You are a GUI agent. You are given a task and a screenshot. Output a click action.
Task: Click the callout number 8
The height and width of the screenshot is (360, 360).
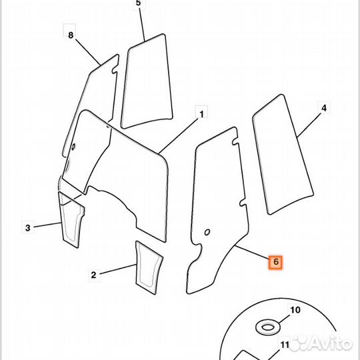coord(71,35)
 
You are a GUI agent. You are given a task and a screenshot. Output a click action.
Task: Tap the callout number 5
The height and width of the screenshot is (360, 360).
coord(138,3)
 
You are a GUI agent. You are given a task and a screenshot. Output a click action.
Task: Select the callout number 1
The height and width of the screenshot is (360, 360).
coord(201,114)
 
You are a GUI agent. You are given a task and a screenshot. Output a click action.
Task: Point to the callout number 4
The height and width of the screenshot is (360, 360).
coord(324,108)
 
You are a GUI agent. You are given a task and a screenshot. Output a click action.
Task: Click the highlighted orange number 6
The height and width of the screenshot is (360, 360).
coord(276,261)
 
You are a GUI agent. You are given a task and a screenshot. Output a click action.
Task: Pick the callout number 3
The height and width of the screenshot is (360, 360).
coord(28,228)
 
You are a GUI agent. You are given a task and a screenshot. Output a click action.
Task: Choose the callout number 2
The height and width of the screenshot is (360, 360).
coord(93,275)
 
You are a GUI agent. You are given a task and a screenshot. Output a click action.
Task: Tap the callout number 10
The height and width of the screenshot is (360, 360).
coord(295,310)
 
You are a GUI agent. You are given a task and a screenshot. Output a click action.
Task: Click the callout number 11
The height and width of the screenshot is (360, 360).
coord(285,345)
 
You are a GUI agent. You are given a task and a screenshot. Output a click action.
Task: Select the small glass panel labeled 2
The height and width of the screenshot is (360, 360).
coord(149,267)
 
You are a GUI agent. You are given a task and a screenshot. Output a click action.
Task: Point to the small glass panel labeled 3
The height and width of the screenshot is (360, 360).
coord(71,220)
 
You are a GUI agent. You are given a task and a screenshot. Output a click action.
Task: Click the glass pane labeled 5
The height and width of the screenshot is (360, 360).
coord(147,81)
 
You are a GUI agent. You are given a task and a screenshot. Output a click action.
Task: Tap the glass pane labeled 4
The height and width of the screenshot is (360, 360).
coord(283,154)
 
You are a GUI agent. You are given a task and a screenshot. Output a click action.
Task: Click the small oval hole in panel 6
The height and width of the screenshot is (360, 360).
coord(207,233)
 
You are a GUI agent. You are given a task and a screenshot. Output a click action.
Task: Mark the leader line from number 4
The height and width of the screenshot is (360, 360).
coord(309,125)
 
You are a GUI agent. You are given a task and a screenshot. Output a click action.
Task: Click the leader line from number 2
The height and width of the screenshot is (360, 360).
coord(118,269)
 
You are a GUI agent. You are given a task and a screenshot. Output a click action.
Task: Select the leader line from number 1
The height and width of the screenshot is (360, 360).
coord(178,136)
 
